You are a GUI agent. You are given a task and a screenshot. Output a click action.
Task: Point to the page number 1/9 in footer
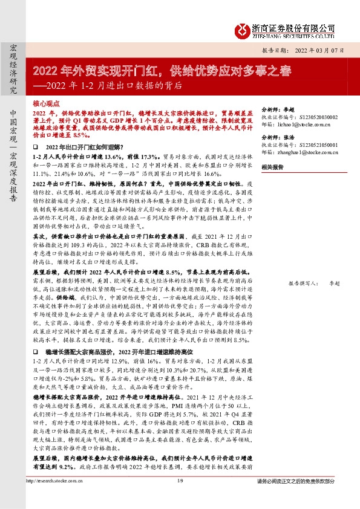(180, 498)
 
